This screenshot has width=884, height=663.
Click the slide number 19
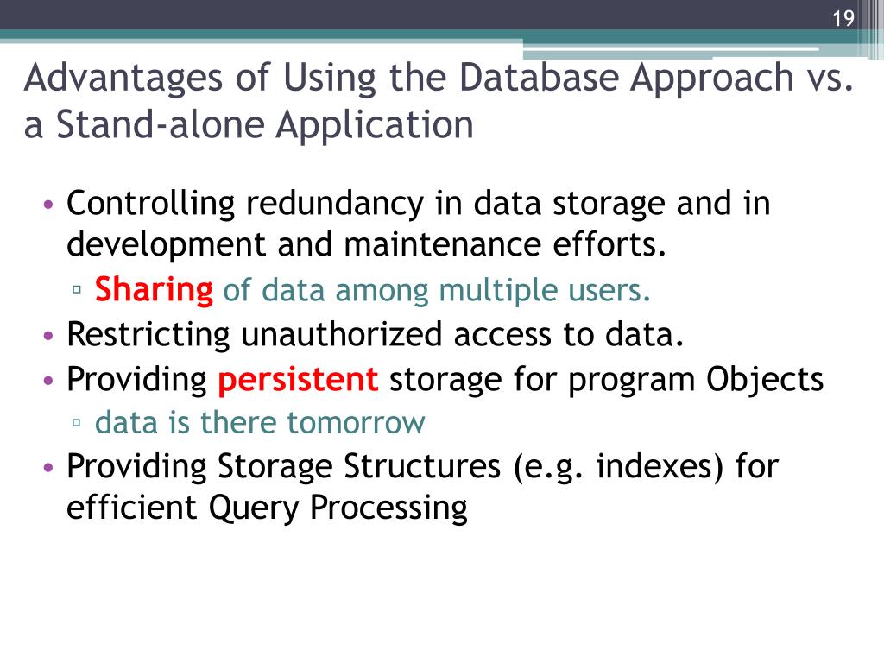tap(843, 19)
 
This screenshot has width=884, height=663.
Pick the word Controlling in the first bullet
tap(151, 205)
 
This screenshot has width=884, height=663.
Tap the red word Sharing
tap(154, 290)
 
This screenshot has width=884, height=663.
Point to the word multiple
tap(489, 290)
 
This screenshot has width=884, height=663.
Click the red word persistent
tap(298, 379)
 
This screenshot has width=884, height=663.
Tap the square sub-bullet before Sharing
tap(78, 292)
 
